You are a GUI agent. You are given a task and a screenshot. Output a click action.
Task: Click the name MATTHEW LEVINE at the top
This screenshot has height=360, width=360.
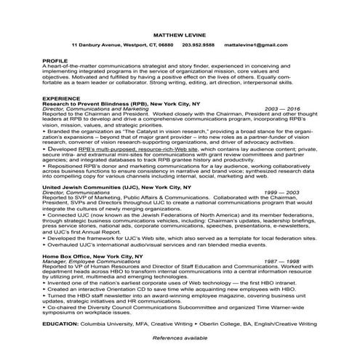[180, 34]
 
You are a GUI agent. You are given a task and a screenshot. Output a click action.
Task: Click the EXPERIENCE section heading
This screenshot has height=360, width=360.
[61, 97]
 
